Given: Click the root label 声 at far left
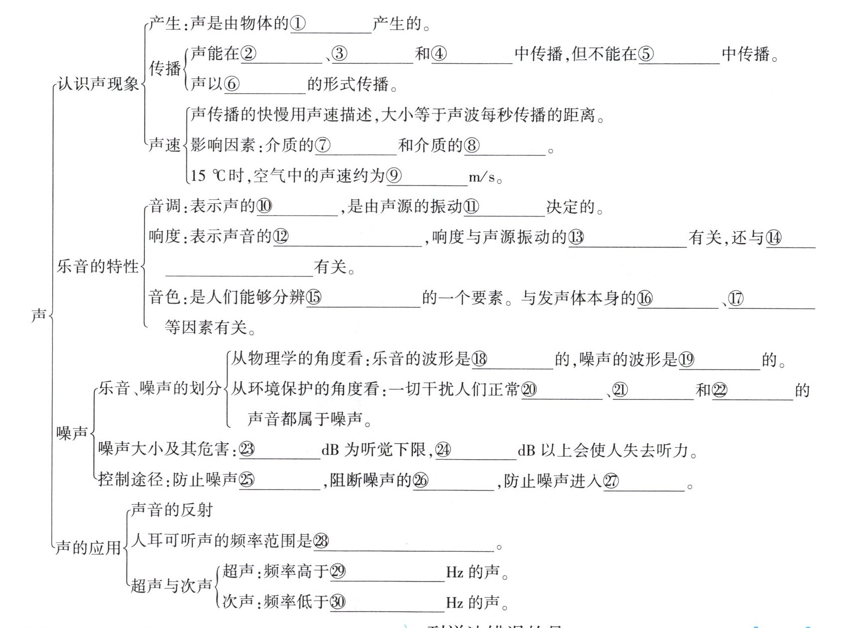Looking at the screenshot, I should (x=39, y=315).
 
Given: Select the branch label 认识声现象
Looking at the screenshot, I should (x=98, y=84).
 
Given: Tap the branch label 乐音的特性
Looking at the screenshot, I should (x=98, y=266).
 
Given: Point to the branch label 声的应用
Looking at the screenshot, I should (x=88, y=548).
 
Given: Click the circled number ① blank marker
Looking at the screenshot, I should (x=298, y=23).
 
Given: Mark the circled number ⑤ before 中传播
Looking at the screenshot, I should (x=646, y=54).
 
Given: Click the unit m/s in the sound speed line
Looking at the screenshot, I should (x=482, y=177).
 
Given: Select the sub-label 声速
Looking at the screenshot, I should (x=165, y=145).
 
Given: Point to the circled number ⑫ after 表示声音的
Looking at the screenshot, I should (x=280, y=237).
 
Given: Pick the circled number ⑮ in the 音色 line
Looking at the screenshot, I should (x=314, y=298).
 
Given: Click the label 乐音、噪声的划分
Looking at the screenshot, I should (x=160, y=388).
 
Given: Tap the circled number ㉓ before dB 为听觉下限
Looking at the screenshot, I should (x=247, y=450).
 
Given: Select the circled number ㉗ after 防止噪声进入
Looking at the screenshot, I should (x=610, y=481).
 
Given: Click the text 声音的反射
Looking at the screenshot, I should (x=172, y=509).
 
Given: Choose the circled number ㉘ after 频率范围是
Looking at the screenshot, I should (x=321, y=541).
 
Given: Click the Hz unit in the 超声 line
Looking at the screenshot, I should (x=455, y=572).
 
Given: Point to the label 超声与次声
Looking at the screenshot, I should (x=171, y=586).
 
